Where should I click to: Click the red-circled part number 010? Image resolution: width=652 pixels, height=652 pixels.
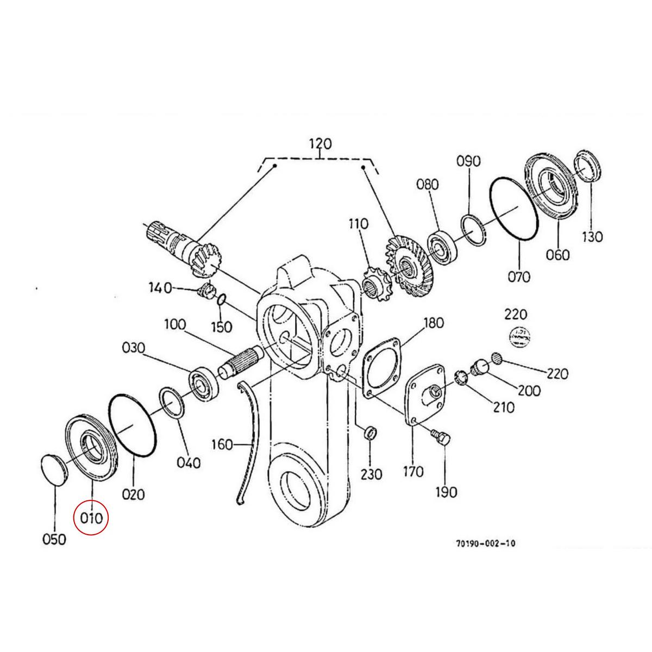91,517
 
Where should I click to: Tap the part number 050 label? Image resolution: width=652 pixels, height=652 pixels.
54,539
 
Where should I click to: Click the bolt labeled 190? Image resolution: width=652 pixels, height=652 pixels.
441,437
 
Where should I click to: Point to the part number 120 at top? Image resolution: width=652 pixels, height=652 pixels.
320,144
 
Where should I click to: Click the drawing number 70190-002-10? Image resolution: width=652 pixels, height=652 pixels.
486,543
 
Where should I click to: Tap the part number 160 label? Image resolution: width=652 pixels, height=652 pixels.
221,445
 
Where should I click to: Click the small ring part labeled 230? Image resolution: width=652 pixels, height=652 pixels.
369,433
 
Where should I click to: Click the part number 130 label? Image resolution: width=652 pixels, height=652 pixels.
592,236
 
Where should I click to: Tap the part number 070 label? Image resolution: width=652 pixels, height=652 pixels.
519,277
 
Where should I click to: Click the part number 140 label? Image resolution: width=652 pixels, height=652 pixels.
160,287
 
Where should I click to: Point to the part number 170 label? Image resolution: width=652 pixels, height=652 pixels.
413,472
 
